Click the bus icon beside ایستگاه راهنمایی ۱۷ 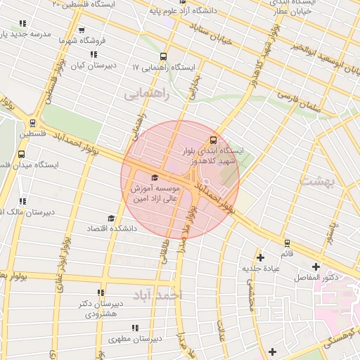pos(164,57)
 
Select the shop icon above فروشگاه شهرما pos(82,30)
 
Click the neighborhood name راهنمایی pos(147,94)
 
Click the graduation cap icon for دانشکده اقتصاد pos(110,219)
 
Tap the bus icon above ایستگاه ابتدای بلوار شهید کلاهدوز pos(214,139)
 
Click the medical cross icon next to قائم pos(261,257)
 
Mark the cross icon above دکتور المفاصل pos(316,266)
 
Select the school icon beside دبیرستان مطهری pos(134,327)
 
